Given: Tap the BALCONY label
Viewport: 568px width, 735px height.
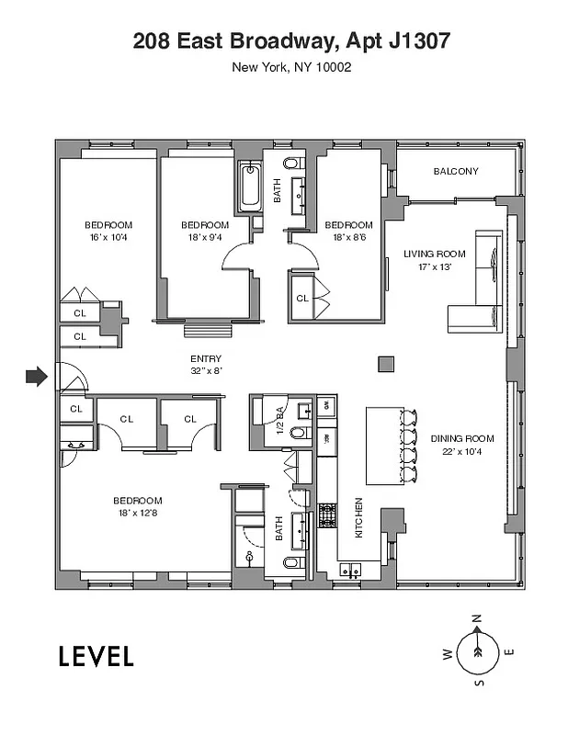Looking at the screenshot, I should pos(455,171).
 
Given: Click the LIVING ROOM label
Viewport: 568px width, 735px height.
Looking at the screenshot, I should pos(434,254).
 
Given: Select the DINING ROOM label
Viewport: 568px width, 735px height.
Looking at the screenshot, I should pos(462,438).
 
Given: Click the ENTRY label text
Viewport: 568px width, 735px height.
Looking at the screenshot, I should pos(205,359).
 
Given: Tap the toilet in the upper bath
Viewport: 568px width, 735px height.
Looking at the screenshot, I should pos(292,164).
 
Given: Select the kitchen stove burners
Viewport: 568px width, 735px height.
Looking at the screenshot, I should pos(326,514).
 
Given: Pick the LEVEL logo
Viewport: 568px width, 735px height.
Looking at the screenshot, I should pos(97,656).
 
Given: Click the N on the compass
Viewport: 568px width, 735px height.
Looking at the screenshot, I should pos(476,618).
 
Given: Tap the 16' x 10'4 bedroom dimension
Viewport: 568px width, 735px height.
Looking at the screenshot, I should pos(108,237).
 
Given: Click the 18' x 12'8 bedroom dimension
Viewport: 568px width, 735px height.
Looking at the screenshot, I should pos(138,513).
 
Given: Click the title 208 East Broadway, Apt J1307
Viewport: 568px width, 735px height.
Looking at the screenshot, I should pos(291,40).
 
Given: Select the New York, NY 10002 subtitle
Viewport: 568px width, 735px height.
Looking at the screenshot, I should pos(291,67).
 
